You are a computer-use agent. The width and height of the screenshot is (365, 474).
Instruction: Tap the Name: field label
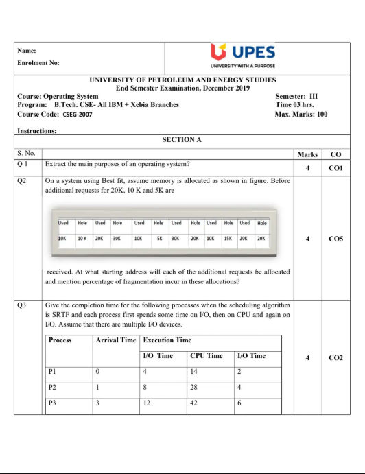click(x=27, y=49)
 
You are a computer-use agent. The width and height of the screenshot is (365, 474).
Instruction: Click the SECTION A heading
click(x=182, y=139)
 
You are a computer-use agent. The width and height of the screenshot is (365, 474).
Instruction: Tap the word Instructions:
click(x=36, y=130)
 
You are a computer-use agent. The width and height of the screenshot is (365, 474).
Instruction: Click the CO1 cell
click(x=335, y=167)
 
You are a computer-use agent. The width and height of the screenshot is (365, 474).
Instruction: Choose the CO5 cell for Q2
click(x=335, y=239)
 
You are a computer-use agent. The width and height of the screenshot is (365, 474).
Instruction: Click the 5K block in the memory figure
click(x=158, y=239)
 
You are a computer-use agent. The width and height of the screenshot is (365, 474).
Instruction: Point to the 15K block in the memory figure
click(x=228, y=239)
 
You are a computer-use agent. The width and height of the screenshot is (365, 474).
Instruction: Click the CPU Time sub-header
click(x=206, y=356)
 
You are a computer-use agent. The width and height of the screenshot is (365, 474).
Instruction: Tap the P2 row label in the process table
click(x=54, y=387)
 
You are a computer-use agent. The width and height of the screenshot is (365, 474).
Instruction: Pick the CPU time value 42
click(x=194, y=403)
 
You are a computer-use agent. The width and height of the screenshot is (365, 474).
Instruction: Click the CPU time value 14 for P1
click(x=194, y=371)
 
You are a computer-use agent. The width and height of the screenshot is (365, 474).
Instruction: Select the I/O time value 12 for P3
click(x=147, y=403)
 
